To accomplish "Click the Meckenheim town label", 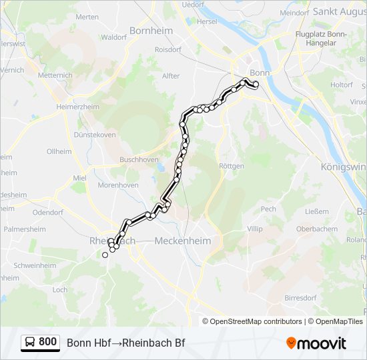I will pos(182,241).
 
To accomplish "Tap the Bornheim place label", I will pos(151,31).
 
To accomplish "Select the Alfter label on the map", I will pos(171,76).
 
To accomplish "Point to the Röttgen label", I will pos(230,166).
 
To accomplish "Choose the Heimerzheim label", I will pos(78,107).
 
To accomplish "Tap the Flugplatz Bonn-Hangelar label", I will pos(320,38).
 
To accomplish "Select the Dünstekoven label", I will pos(94,135).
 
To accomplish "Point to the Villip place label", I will pos(255,229).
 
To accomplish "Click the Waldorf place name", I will pos(114,37).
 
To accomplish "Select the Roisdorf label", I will pos(167,49).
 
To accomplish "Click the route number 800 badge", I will pos(47,342).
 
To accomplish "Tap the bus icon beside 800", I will pos(30,343).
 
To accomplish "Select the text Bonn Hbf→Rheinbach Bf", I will pos(125,343).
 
